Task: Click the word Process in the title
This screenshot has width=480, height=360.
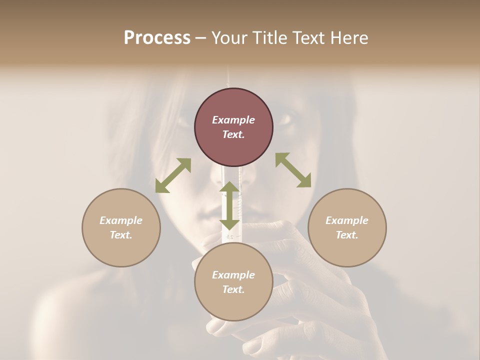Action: tap(157, 38)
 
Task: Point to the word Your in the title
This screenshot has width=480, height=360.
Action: tap(228, 38)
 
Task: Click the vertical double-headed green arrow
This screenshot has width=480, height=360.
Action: tap(229, 205)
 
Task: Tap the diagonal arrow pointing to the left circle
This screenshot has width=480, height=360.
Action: tap(173, 175)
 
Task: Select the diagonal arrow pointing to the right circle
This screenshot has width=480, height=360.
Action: tap(293, 170)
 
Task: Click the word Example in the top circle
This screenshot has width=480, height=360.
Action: tap(233, 120)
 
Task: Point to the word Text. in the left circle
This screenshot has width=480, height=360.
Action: tap(121, 235)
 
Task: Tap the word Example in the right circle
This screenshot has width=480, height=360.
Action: tap(347, 220)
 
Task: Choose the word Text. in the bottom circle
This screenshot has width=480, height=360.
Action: tap(233, 289)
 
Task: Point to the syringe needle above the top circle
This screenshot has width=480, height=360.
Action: tap(229, 77)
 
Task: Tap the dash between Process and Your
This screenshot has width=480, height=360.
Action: tap(201, 38)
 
